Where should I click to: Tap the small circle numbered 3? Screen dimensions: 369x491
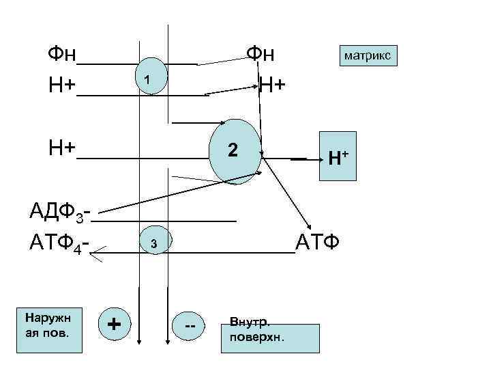pos(154,243)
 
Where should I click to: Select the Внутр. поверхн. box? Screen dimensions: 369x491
pos(270,338)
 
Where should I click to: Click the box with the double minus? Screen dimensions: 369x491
pos(190,327)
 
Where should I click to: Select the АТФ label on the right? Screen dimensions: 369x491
pos(318,242)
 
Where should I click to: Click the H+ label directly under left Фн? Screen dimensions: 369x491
pos(61,85)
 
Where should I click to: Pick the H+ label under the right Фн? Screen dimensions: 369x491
pos(272,85)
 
